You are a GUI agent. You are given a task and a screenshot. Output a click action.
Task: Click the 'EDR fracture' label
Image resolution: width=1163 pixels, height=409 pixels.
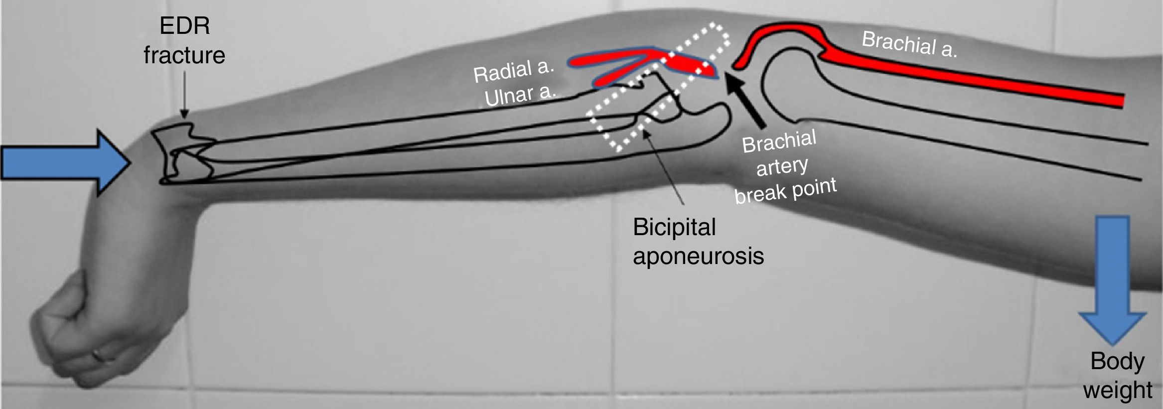click(x=184, y=41)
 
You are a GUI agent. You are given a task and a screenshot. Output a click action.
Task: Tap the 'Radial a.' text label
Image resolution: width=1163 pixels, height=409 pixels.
click(x=513, y=71)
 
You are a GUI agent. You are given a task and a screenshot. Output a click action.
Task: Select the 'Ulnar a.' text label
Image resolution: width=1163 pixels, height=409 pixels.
click(x=520, y=95)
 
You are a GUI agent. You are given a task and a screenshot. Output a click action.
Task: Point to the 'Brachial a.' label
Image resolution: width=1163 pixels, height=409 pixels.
click(x=909, y=44)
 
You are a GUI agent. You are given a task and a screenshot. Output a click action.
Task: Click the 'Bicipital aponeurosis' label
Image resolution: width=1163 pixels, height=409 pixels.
click(x=698, y=242)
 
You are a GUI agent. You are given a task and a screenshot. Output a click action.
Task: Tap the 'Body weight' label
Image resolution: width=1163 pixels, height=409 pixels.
click(x=1117, y=375)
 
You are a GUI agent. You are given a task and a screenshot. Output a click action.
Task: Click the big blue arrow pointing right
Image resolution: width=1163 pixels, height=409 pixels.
click(x=65, y=162)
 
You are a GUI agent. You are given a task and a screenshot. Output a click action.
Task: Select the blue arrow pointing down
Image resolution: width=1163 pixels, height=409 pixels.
click(x=1112, y=279)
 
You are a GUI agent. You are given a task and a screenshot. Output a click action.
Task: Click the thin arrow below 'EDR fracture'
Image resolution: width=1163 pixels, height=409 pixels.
click(x=184, y=95)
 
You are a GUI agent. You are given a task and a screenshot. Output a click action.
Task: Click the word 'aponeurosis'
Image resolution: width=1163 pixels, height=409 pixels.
click(x=698, y=256)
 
